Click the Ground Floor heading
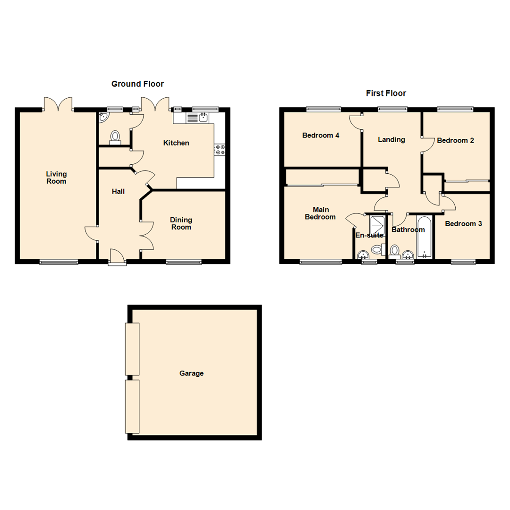click(x=137, y=84)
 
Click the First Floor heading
click(x=386, y=93)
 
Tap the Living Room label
click(x=56, y=178)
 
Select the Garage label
click(x=191, y=374)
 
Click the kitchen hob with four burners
click(x=220, y=150)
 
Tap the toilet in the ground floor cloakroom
click(x=115, y=136)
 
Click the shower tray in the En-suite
click(x=377, y=225)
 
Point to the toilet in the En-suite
click(x=377, y=249)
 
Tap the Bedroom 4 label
click(x=321, y=136)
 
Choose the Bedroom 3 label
click(x=463, y=224)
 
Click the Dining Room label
click(x=181, y=223)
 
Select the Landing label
click(x=391, y=140)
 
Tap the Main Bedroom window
click(x=321, y=262)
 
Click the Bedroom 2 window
click(x=455, y=109)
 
